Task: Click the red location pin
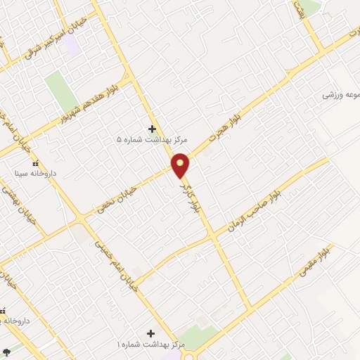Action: pyautogui.click(x=181, y=165)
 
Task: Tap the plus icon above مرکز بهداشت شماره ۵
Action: pyautogui.click(x=152, y=128)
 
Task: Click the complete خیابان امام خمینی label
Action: pyautogui.click(x=117, y=266)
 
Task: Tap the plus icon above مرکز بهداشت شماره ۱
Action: pyautogui.click(x=150, y=333)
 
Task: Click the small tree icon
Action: pyautogui.click(x=6, y=350)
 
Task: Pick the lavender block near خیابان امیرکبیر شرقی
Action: pyautogui.click(x=71, y=46)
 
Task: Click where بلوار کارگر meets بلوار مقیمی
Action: pyautogui.click(x=250, y=307)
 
